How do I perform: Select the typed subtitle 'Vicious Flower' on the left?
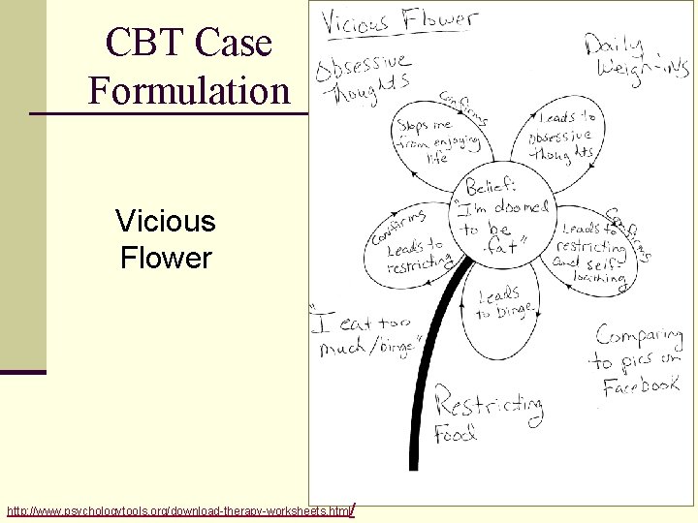[x=165, y=239]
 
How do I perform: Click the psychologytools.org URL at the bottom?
[x=179, y=509]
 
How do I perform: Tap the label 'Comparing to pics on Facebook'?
[x=637, y=360]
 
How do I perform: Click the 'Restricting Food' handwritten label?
[x=485, y=412]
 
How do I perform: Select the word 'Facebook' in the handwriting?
[x=640, y=385]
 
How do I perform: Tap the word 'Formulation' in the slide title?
[x=189, y=91]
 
